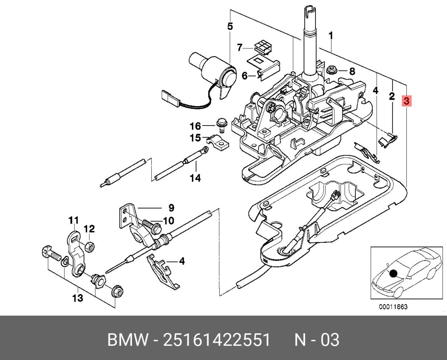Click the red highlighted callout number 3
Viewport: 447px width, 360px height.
[407, 101]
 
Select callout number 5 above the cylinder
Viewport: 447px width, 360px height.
[230, 26]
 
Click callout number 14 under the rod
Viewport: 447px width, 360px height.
[195, 178]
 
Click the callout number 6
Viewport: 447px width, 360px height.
[245, 76]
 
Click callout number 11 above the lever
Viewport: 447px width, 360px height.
[73, 220]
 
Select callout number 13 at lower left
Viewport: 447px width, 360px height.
[78, 298]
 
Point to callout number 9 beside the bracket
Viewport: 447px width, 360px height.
[171, 208]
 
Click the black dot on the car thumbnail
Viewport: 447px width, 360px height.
[392, 274]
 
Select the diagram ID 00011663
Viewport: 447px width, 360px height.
[393, 307]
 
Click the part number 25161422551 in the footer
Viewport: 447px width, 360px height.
[217, 340]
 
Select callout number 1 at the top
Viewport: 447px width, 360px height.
[330, 36]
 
